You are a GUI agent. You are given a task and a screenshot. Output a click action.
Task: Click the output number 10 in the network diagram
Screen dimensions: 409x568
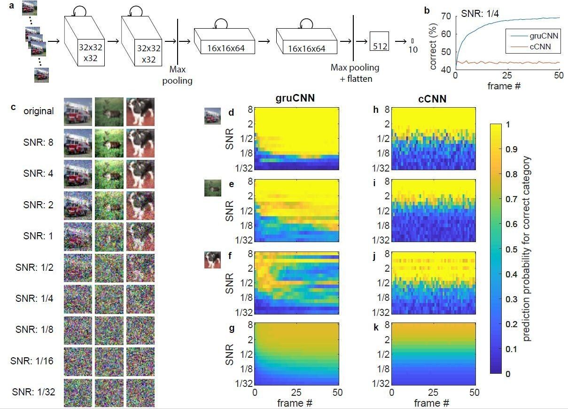click(x=413, y=48)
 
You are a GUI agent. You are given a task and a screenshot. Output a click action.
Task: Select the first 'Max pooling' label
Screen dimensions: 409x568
click(x=178, y=75)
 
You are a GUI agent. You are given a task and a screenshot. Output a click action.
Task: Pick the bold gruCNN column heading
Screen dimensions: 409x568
click(x=296, y=100)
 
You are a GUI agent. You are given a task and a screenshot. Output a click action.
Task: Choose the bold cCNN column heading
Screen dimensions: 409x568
click(x=432, y=100)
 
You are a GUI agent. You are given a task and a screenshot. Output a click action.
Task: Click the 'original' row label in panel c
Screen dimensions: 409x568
click(x=40, y=112)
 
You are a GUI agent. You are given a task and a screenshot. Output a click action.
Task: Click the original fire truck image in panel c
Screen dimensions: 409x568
click(x=78, y=111)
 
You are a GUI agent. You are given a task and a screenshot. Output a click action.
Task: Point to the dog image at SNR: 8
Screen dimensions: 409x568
click(x=140, y=142)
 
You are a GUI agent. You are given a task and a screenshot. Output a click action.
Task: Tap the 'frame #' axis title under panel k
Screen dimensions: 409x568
click(x=433, y=403)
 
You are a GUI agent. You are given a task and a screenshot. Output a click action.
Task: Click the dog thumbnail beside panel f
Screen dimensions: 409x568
click(x=212, y=260)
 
